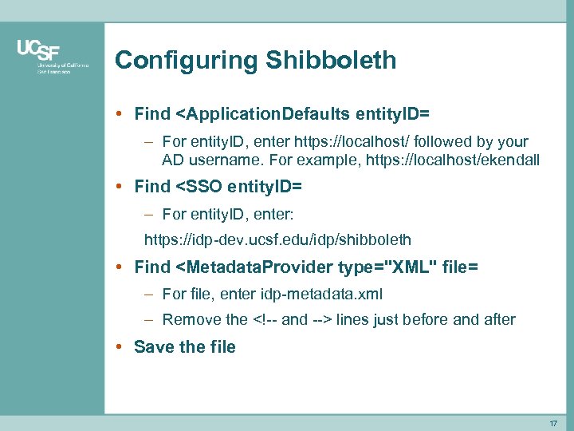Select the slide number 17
point(554,422)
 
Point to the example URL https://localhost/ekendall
point(452,160)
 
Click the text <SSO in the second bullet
point(199,187)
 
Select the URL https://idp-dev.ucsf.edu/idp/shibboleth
point(277,239)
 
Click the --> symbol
point(322,320)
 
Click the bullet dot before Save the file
point(118,347)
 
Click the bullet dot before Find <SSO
point(118,187)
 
